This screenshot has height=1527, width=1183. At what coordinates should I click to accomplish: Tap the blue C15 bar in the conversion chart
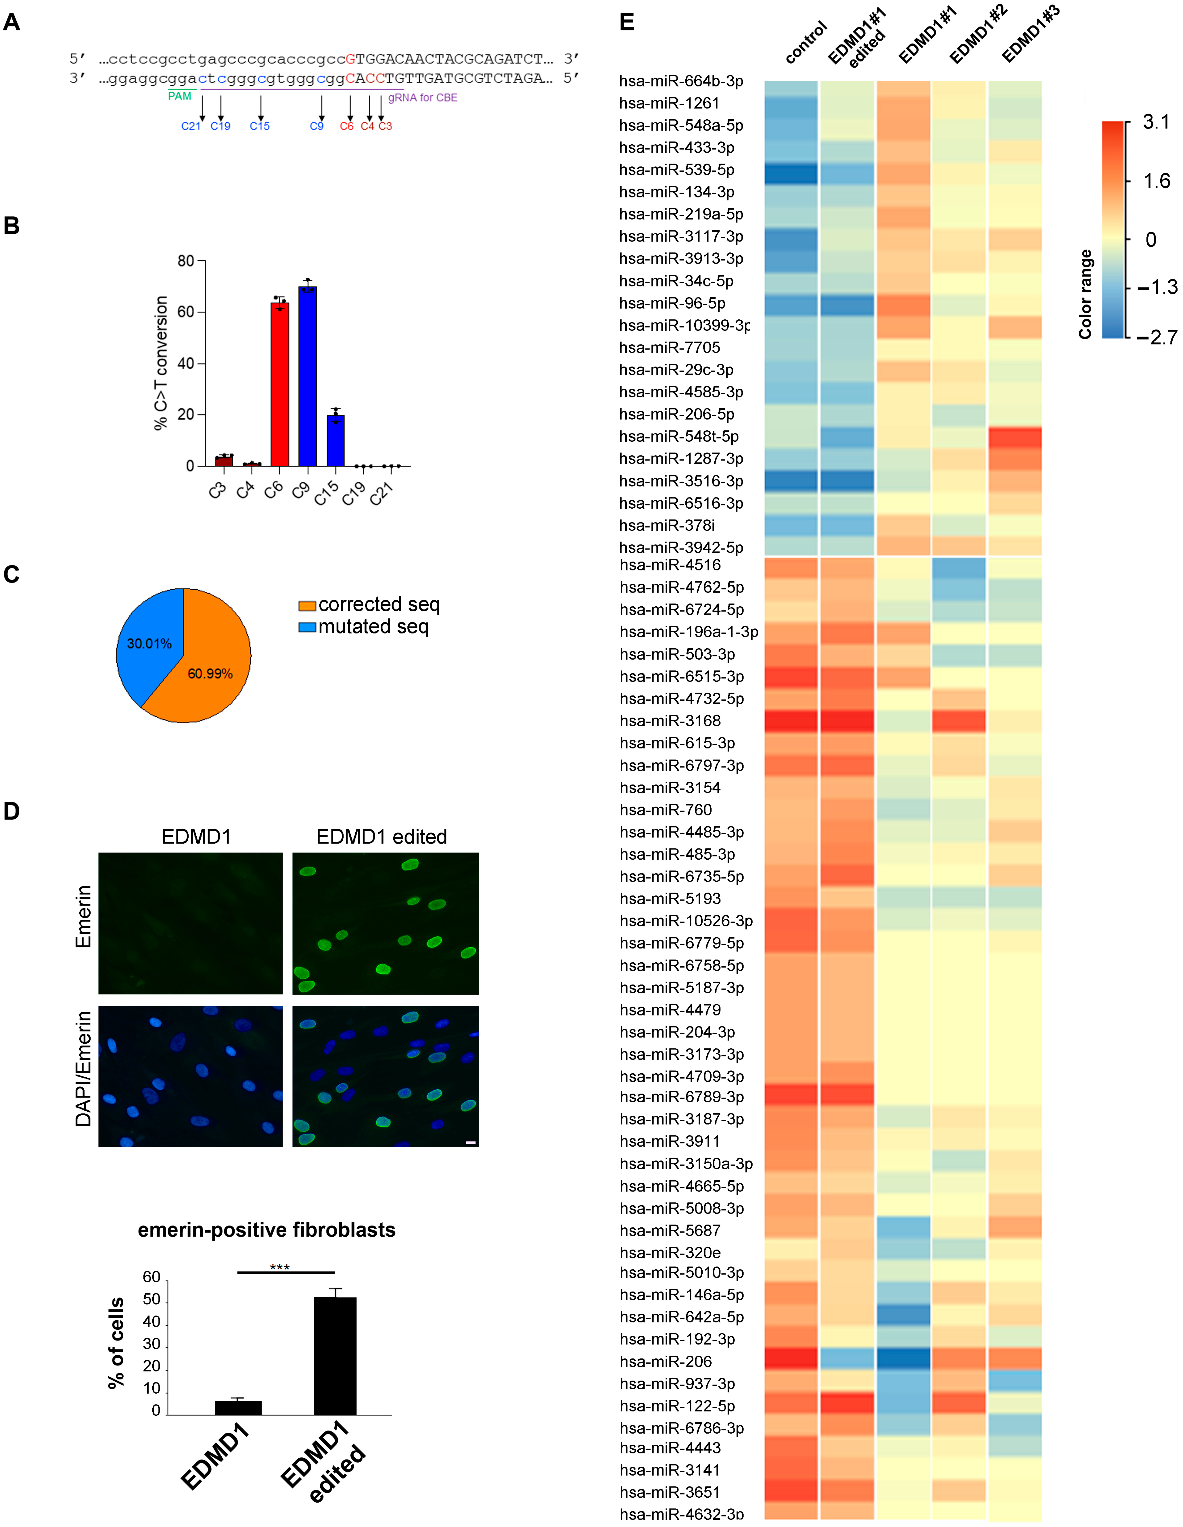point(335,440)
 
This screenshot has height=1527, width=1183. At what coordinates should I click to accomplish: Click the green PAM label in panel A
point(180,97)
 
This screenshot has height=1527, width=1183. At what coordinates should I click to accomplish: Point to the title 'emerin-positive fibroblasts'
point(266,1230)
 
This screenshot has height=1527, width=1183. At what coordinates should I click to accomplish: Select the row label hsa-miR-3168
point(670,721)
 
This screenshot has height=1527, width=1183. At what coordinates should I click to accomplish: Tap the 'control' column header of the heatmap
point(806,43)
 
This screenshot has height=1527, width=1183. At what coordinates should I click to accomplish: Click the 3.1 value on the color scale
point(1156,122)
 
